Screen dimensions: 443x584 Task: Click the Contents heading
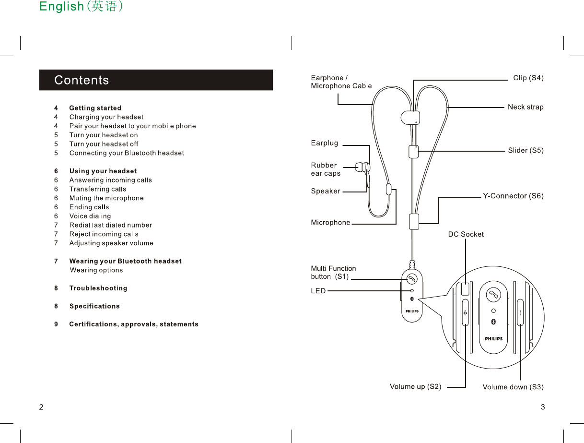coord(82,80)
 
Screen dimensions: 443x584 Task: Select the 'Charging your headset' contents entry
coord(106,117)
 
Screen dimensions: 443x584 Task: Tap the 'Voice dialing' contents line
coord(90,216)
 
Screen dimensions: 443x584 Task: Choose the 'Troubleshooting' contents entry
coord(98,288)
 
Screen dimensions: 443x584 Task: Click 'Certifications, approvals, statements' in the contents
coord(133,324)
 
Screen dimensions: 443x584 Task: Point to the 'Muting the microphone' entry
coord(106,198)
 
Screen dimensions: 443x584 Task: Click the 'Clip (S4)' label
coord(528,78)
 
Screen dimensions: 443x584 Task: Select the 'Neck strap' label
coord(526,107)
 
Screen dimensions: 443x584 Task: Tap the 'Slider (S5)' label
coord(526,150)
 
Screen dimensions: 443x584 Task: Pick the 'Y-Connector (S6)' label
coord(513,196)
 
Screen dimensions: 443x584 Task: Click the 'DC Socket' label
coord(466,234)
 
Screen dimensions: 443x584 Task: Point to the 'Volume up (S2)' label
coord(415,386)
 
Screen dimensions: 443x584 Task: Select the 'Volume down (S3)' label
coord(513,387)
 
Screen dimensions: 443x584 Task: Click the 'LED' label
coord(318,291)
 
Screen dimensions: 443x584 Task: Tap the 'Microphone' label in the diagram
coord(330,223)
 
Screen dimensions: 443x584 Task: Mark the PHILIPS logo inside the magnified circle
coord(493,338)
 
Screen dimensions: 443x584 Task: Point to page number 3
coord(542,407)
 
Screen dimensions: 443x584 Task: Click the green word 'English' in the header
coord(61,6)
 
